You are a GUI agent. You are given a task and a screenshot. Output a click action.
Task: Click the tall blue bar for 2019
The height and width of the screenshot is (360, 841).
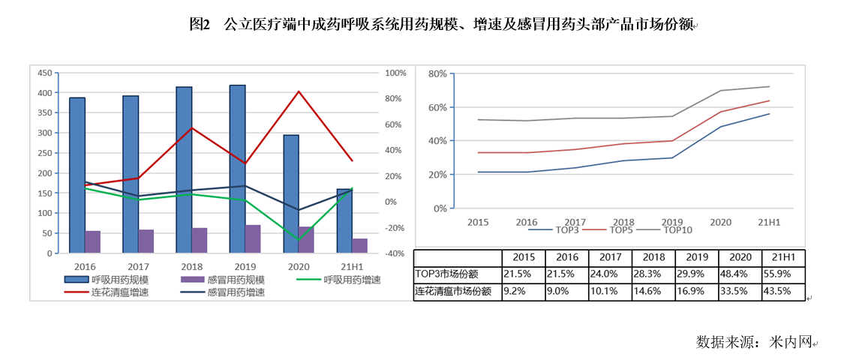[x=237, y=169]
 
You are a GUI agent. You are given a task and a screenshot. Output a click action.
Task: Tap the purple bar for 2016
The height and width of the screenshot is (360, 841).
[x=93, y=241]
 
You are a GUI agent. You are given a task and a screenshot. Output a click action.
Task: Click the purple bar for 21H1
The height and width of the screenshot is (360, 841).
[x=359, y=245]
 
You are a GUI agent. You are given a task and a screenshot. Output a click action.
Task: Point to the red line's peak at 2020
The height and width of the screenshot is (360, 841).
[x=299, y=91]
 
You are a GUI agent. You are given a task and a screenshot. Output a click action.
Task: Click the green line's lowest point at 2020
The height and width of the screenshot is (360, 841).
[x=299, y=240]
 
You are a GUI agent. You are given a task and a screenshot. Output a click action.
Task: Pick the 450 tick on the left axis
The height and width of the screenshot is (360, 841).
[x=45, y=73]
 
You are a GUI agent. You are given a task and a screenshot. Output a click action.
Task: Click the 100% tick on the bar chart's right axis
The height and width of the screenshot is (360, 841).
[x=395, y=73]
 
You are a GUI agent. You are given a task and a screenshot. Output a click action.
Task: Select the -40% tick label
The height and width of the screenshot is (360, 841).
[x=395, y=253]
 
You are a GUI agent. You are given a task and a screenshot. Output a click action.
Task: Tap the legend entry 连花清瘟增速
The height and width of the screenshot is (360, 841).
[x=117, y=292]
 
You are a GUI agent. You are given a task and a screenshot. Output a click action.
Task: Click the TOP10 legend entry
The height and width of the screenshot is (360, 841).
[x=677, y=229]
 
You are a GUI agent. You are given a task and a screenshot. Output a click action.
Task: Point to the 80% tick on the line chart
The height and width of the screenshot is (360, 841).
[x=437, y=73]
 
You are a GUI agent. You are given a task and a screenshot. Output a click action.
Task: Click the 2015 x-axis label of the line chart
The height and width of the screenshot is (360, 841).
[x=478, y=222]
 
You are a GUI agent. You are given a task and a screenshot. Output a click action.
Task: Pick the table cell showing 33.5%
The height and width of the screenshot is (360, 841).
[x=740, y=292]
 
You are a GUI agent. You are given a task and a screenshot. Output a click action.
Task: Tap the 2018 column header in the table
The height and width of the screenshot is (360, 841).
[x=653, y=257]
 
